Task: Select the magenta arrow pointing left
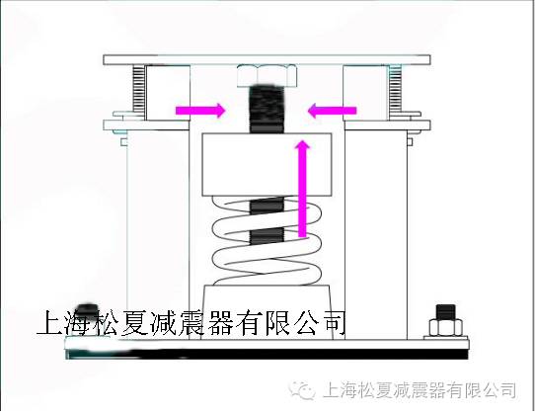click(329, 109)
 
